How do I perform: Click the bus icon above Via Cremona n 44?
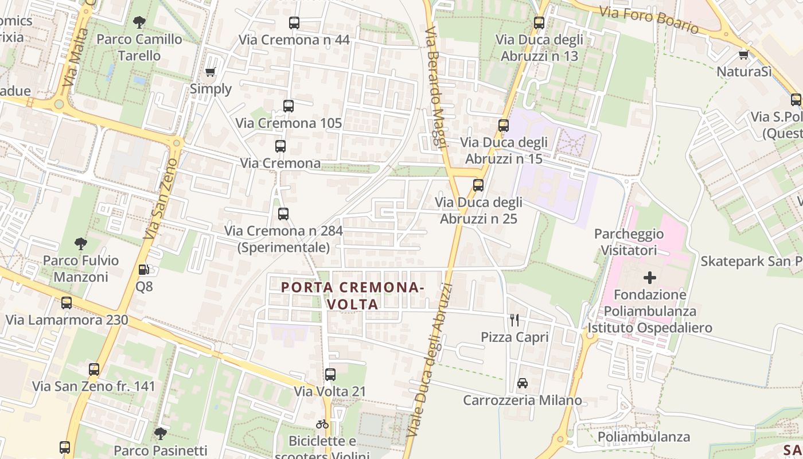point(294,23)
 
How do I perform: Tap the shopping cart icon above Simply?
point(211,72)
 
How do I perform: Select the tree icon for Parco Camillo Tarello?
point(139,22)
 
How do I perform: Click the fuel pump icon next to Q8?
point(144,269)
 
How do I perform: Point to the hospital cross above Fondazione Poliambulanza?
point(649,278)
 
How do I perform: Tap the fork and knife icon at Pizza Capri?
point(514,320)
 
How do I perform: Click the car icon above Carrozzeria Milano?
point(523,383)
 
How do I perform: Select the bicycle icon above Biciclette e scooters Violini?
point(322,424)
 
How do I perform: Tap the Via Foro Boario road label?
point(649,20)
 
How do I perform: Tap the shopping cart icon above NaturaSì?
point(744,55)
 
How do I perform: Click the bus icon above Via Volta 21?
point(330,375)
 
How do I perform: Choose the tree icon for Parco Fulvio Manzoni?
point(81,243)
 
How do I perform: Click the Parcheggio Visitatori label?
point(629,242)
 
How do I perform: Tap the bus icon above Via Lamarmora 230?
point(67,303)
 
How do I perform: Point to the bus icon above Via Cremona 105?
point(289,106)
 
